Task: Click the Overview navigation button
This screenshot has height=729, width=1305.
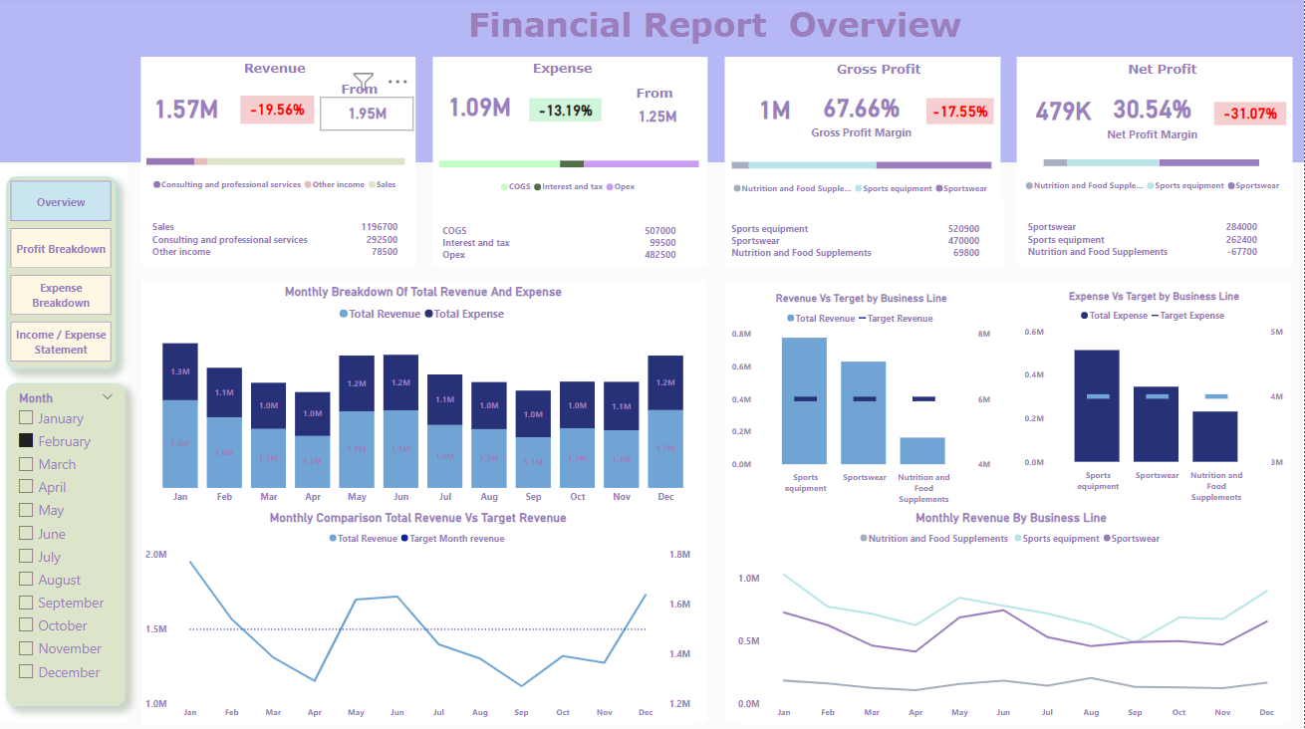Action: pyautogui.click(x=61, y=202)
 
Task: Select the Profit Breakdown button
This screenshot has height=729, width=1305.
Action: pyautogui.click(x=61, y=249)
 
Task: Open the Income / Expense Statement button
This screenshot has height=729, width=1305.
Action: pyautogui.click(x=61, y=343)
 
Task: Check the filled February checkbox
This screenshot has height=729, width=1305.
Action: pyautogui.click(x=26, y=441)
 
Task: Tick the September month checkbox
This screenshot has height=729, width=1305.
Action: pyautogui.click(x=26, y=603)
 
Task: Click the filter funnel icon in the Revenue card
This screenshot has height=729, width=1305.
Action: pyautogui.click(x=364, y=81)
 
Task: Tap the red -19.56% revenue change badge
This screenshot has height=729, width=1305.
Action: pyautogui.click(x=277, y=110)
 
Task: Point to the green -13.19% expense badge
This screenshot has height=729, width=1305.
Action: pyautogui.click(x=565, y=110)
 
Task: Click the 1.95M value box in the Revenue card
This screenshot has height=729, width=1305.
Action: pyautogui.click(x=367, y=114)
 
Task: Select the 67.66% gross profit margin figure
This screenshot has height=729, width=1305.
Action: pyautogui.click(x=861, y=109)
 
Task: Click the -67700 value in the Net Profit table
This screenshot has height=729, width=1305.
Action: pyautogui.click(x=1241, y=252)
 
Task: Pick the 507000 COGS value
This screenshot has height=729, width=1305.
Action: pyautogui.click(x=659, y=231)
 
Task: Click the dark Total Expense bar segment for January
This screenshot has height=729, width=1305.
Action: pyautogui.click(x=180, y=371)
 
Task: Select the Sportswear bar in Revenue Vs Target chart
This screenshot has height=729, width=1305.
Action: pyautogui.click(x=864, y=412)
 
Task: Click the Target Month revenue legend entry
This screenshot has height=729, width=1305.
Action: pyautogui.click(x=456, y=539)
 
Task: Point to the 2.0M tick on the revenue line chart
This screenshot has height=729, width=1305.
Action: pyautogui.click(x=155, y=555)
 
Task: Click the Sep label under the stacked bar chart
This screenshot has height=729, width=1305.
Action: pyautogui.click(x=533, y=496)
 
